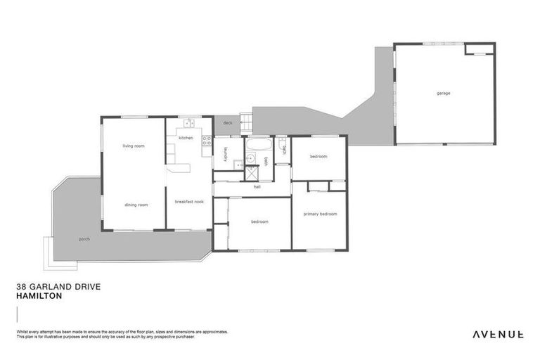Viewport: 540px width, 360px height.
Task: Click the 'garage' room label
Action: (443, 93)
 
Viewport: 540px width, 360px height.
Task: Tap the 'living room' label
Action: (134, 146)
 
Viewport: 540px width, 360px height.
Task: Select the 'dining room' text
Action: (136, 205)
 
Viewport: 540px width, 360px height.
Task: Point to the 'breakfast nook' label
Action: (189, 202)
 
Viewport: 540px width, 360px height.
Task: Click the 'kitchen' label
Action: (186, 138)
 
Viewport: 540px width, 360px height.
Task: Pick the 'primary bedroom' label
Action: (320, 214)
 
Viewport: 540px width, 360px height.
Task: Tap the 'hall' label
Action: (257, 187)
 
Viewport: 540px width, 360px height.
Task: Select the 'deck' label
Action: (227, 123)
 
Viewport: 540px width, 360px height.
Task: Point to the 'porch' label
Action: (84, 238)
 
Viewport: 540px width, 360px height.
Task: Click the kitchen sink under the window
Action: (188, 124)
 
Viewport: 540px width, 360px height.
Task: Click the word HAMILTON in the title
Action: (39, 296)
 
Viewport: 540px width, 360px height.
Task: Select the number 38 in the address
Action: (20, 287)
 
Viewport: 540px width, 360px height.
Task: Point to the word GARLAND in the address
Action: (48, 287)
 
